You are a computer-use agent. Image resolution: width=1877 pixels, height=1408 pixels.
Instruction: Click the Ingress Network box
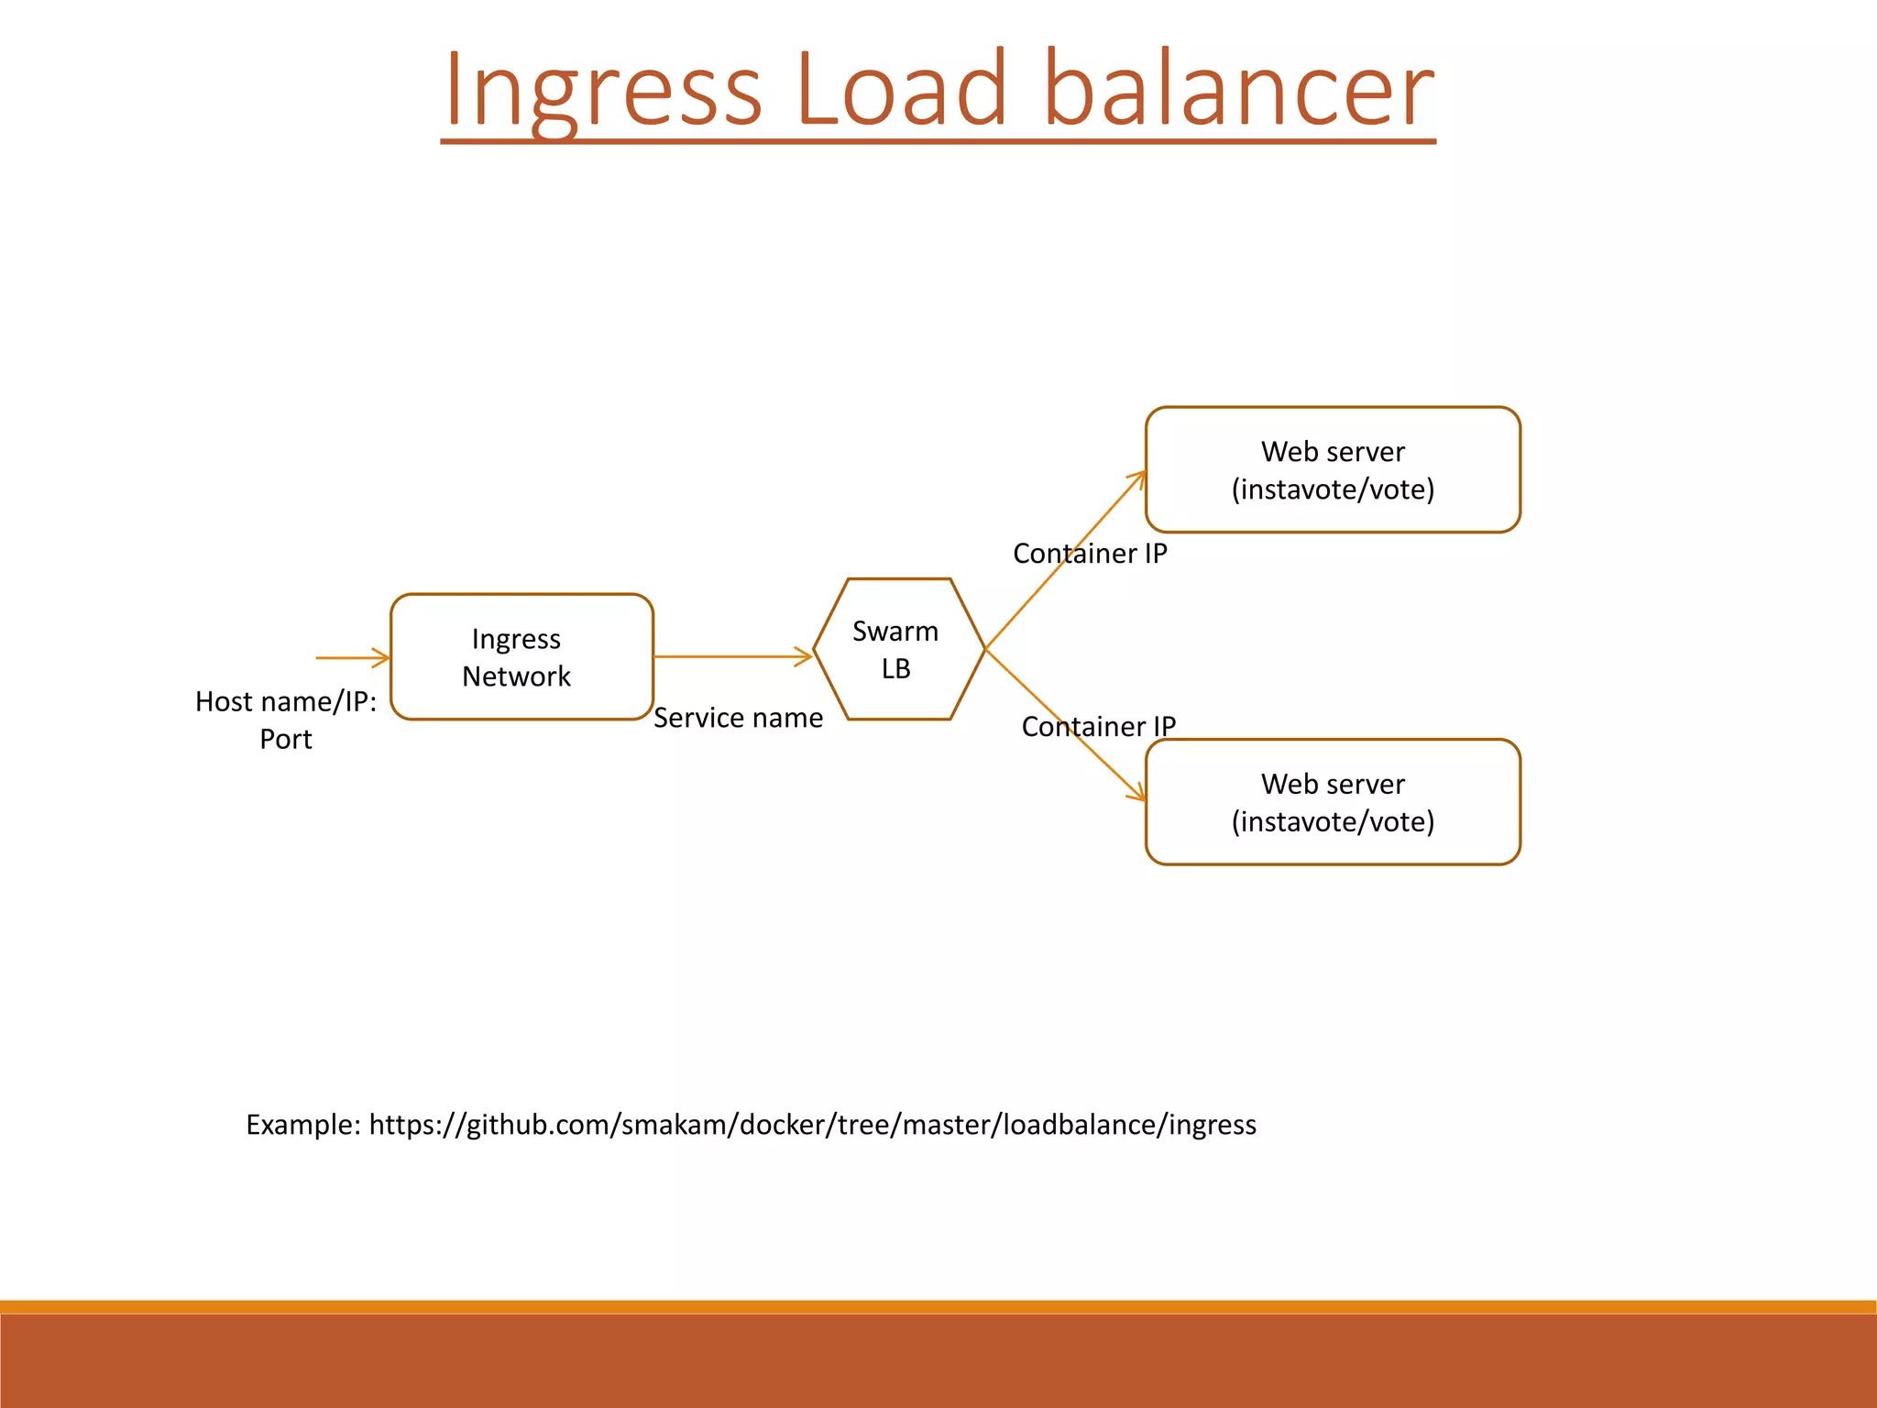[x=521, y=656]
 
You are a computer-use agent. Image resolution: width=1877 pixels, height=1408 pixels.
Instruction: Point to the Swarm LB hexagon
[x=897, y=649]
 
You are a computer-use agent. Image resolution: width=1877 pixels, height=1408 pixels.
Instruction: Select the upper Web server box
[x=1332, y=469]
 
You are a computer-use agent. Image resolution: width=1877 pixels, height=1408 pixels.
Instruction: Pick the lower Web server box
[x=1332, y=802]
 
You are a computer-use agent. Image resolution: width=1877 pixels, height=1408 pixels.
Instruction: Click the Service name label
[x=738, y=718]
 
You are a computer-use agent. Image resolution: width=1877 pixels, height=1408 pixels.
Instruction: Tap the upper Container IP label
[x=1090, y=554]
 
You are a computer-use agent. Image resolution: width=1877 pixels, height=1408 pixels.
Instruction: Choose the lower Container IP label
[x=1098, y=727]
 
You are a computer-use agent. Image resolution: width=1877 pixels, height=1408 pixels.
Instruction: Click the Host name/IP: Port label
[x=286, y=720]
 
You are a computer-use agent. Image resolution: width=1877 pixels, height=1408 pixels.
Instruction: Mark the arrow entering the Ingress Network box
[x=353, y=657]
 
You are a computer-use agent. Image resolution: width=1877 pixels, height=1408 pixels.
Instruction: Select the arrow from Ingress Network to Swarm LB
[x=732, y=656]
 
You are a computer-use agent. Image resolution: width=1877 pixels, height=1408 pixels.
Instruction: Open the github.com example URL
[x=812, y=1125]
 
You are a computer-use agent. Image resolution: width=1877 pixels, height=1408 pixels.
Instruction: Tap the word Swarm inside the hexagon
[x=895, y=632]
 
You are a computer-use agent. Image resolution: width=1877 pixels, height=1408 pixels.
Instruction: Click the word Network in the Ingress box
[x=516, y=676]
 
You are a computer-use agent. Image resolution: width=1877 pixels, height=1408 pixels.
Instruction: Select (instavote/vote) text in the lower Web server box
[x=1333, y=821]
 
